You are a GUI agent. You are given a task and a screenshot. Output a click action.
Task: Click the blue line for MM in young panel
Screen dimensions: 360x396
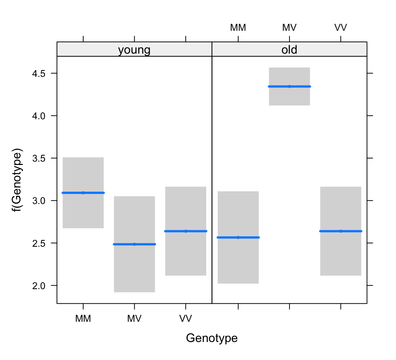(83, 193)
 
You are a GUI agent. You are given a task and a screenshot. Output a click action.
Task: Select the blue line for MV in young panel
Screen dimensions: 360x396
(134, 244)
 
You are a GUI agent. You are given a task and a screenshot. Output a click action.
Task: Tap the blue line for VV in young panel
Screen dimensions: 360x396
(186, 231)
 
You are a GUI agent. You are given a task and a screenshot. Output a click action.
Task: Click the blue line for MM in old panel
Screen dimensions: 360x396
(238, 237)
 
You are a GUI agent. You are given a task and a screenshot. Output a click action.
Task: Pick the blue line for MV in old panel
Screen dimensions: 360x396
(289, 87)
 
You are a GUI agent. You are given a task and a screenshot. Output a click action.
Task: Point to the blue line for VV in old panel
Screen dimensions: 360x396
(340, 231)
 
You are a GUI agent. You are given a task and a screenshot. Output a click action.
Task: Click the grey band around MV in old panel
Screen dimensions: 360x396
(289, 98)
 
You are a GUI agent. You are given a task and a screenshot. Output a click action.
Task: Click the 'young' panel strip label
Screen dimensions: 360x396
(134, 50)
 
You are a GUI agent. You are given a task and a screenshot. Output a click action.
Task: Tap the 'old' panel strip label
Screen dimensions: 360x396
(289, 50)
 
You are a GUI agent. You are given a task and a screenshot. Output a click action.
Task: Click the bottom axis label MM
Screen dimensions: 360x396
(83, 319)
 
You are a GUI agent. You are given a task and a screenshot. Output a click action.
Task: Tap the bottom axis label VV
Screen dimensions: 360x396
(186, 319)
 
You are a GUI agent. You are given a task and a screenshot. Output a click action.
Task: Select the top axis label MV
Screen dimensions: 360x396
(289, 27)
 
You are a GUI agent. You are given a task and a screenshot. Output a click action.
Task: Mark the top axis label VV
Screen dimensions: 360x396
(340, 27)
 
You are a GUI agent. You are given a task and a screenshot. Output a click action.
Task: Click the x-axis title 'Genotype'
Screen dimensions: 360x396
(211, 338)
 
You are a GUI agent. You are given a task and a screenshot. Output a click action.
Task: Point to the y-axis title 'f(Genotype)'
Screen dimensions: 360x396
(17, 180)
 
